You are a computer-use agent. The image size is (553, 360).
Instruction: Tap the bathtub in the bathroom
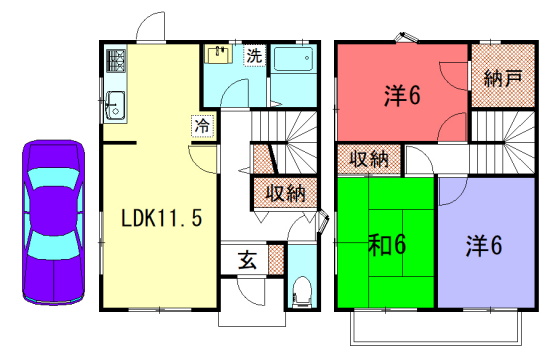point(295,69)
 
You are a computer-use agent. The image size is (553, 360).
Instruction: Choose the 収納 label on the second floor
point(368,158)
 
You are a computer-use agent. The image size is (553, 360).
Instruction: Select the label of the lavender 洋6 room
point(483,245)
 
